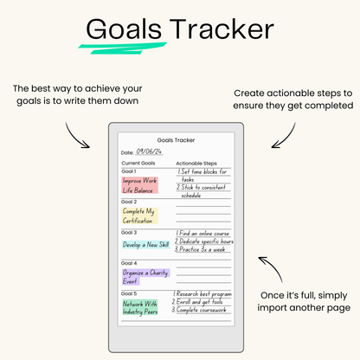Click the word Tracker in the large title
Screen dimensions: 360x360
(x=222, y=29)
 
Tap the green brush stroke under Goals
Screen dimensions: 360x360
(x=123, y=48)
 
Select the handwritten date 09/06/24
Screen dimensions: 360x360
(x=149, y=151)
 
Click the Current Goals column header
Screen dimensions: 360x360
(x=138, y=163)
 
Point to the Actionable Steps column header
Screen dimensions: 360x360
(x=196, y=164)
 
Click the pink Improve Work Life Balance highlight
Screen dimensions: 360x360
(x=139, y=185)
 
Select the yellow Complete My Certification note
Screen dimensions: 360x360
(x=139, y=215)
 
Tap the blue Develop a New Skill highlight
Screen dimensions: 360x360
(x=145, y=245)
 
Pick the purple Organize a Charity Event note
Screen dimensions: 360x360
(x=145, y=277)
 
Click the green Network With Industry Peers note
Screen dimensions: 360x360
(x=140, y=307)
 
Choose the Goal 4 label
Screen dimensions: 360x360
(x=129, y=263)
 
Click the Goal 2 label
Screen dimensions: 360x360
(x=129, y=202)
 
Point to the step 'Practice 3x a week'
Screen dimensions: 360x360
(x=200, y=249)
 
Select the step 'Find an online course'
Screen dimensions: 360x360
(x=202, y=233)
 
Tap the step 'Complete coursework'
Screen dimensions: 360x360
(x=199, y=310)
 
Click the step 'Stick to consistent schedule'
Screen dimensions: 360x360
(x=202, y=191)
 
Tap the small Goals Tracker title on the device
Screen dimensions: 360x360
(x=176, y=140)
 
